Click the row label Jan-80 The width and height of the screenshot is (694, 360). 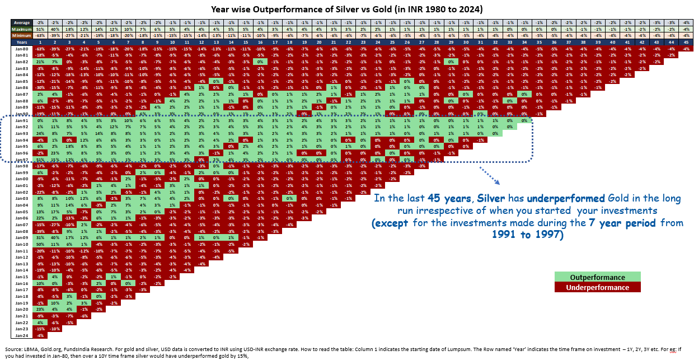(x=21, y=49)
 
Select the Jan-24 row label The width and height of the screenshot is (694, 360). (x=21, y=335)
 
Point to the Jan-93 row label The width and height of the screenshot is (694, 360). (x=21, y=133)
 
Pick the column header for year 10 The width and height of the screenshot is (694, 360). (x=171, y=42)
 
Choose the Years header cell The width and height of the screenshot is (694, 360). (x=21, y=42)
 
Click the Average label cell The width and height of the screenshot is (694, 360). (x=21, y=23)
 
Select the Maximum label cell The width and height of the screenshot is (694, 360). (x=21, y=29)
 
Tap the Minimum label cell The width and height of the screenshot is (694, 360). (x=21, y=35)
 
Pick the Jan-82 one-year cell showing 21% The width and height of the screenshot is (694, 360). (x=40, y=62)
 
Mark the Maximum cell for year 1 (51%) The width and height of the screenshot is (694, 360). (x=40, y=29)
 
